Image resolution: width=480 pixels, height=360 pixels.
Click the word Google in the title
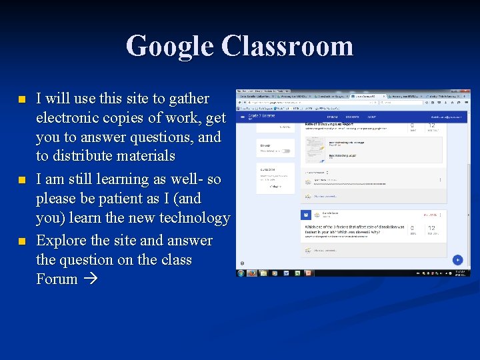(169, 47)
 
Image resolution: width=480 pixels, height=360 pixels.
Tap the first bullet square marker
(21, 100)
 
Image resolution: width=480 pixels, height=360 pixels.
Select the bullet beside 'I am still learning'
(21, 181)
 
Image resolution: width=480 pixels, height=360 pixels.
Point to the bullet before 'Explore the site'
(21, 242)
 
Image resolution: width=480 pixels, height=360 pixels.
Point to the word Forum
(57, 279)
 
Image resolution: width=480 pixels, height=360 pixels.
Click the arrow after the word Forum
(91, 280)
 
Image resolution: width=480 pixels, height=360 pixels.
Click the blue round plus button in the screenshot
(458, 259)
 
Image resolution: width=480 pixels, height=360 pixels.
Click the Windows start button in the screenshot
(241, 273)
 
